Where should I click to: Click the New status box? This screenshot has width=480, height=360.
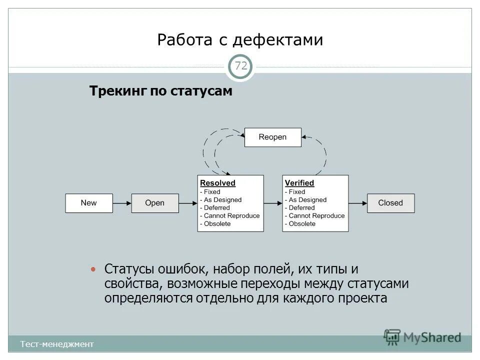click(89, 203)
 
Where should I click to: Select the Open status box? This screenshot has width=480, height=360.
click(154, 203)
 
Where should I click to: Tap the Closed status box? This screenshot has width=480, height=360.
click(390, 203)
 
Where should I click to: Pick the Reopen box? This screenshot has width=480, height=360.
click(272, 137)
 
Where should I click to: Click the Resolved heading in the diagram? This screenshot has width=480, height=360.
click(217, 183)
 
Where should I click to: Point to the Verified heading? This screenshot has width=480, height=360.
click(299, 183)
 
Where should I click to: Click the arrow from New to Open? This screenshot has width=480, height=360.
click(122, 203)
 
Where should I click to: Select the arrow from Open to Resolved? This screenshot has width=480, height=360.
click(188, 203)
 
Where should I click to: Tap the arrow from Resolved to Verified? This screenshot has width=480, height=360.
click(273, 203)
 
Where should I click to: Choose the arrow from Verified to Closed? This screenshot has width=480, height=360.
click(358, 203)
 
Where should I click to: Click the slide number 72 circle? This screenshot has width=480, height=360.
click(240, 66)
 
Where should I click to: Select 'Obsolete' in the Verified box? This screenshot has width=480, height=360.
click(302, 223)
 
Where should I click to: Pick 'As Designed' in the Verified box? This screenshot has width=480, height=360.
click(307, 199)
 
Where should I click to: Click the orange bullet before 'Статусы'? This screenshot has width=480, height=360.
click(92, 269)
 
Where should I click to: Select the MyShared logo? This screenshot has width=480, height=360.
click(422, 336)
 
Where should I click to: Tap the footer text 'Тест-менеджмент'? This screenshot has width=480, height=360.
click(56, 344)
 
